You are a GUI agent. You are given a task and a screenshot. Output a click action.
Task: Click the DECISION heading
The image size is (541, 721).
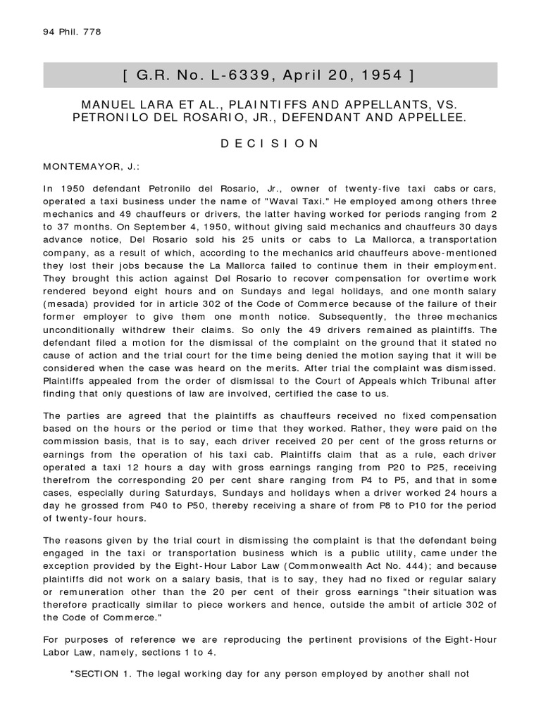270,144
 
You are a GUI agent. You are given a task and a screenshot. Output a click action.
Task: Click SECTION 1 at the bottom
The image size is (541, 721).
103,672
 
